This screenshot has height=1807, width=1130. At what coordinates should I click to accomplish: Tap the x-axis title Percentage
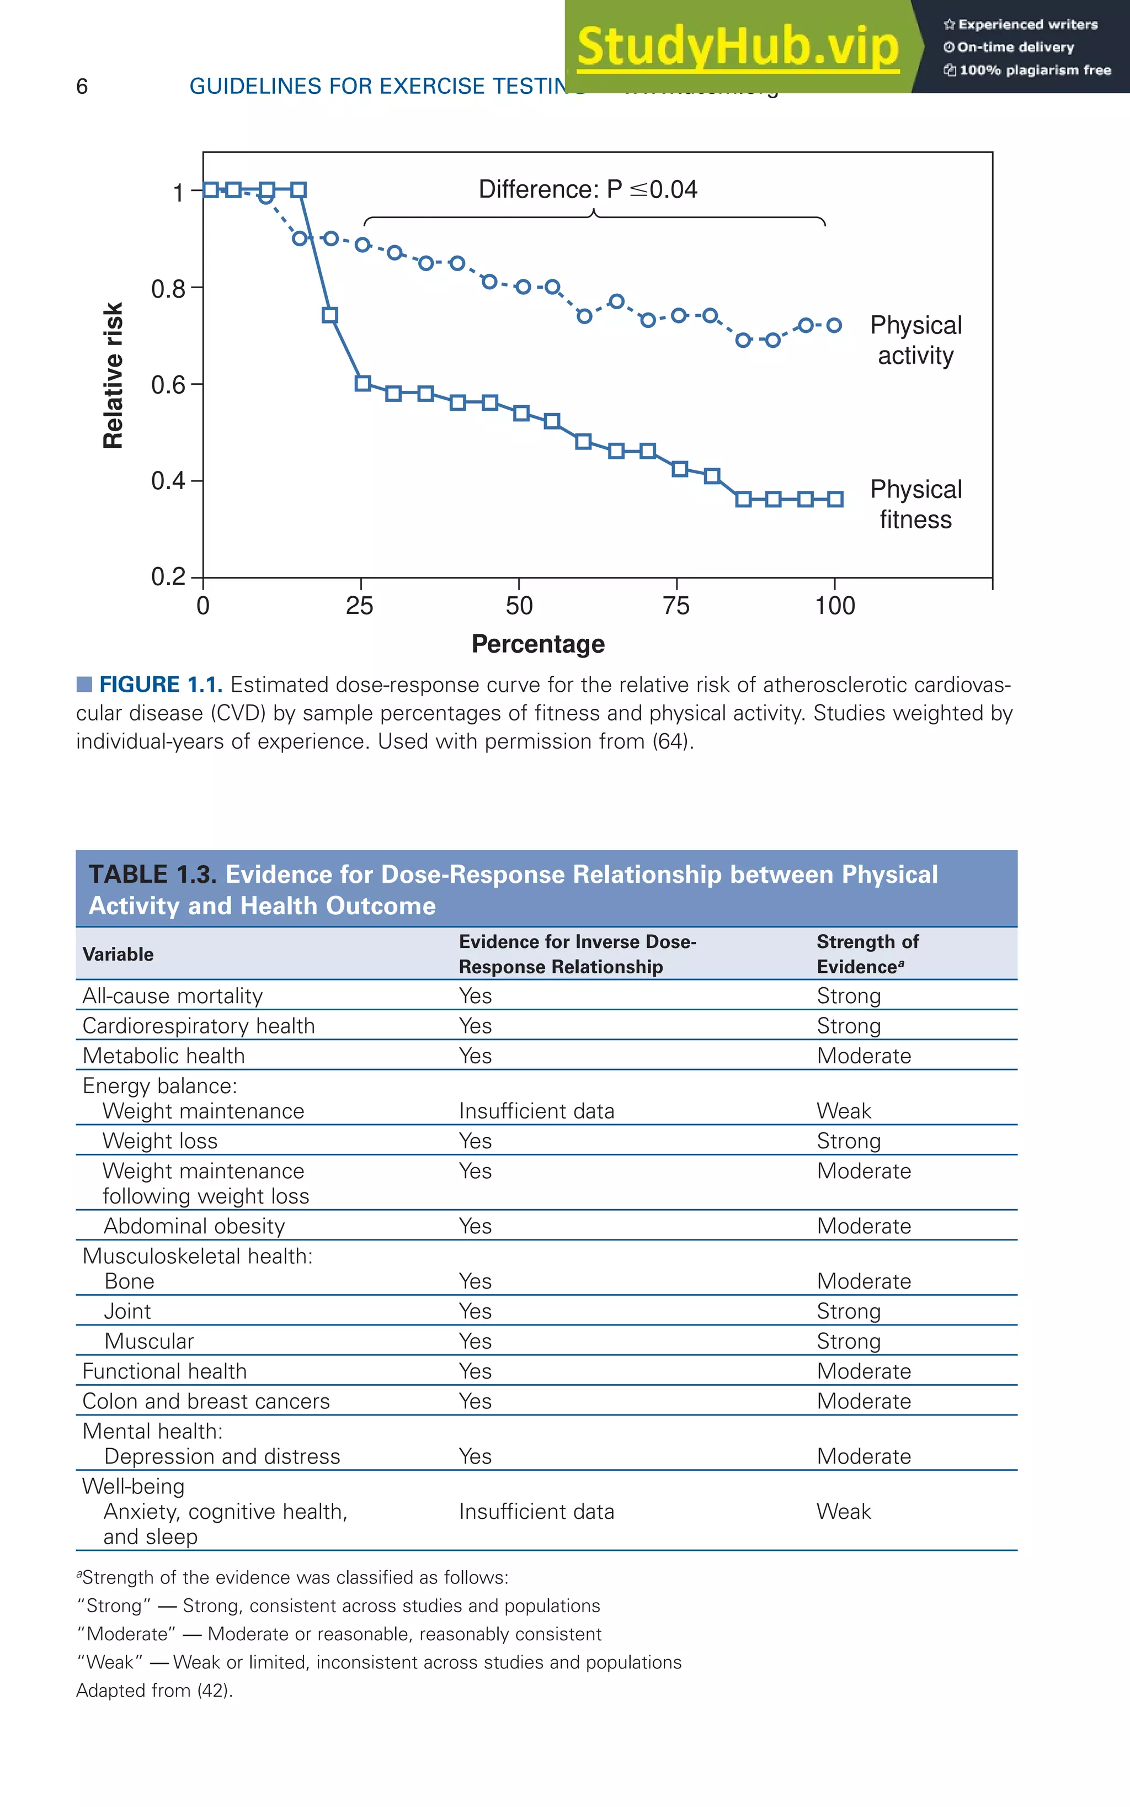pos(537,644)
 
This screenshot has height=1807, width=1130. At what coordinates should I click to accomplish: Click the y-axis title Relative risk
pos(113,375)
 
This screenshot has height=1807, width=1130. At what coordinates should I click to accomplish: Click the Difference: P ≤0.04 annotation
pos(588,189)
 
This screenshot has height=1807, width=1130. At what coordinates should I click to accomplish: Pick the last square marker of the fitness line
pos(835,500)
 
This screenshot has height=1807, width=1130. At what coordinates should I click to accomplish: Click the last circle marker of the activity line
pos(834,325)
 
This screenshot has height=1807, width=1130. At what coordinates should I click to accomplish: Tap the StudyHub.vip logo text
pos(738,46)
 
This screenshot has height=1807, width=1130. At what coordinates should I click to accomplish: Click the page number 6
pos(82,87)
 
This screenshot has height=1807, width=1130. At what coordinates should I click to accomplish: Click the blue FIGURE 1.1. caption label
pos(160,685)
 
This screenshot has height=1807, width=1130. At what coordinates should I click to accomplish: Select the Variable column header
pos(118,954)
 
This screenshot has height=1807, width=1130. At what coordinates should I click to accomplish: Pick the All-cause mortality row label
pos(173,996)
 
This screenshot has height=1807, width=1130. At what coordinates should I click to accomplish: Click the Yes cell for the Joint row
pos(475,1311)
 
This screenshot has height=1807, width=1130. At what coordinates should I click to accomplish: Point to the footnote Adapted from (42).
pos(154,1691)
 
